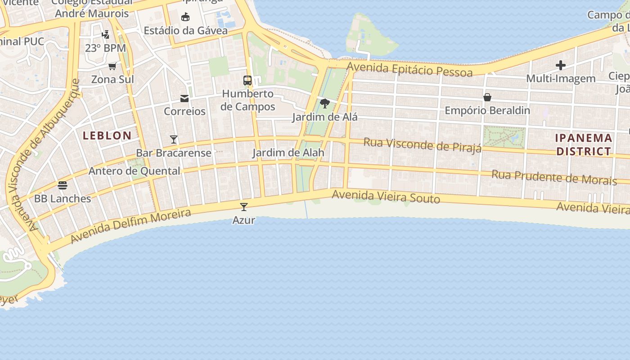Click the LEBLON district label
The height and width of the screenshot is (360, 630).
point(107,135)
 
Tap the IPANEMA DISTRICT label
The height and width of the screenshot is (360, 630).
point(584,144)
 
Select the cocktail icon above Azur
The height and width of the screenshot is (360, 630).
point(244,207)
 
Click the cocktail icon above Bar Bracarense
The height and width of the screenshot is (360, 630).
point(174,139)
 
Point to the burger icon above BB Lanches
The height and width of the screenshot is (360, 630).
point(63,185)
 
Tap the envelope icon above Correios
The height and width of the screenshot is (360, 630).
point(184,98)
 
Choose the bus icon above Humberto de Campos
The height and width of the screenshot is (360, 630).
point(247,81)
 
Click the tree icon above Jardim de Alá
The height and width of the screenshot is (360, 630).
point(324,104)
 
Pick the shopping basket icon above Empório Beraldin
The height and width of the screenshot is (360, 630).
point(487,97)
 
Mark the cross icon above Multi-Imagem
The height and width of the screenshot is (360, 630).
point(561,65)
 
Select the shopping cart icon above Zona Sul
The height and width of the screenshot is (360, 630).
point(112,66)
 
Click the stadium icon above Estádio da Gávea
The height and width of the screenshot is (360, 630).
point(185,18)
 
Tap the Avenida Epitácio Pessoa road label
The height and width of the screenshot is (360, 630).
point(409,70)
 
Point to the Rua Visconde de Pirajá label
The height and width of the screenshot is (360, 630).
point(422,145)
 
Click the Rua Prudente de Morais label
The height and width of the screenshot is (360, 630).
point(553,177)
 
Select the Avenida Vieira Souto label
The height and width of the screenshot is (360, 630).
point(386,197)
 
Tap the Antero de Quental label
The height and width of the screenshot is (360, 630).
point(134,171)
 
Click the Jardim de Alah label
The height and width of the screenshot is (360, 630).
point(288,153)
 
